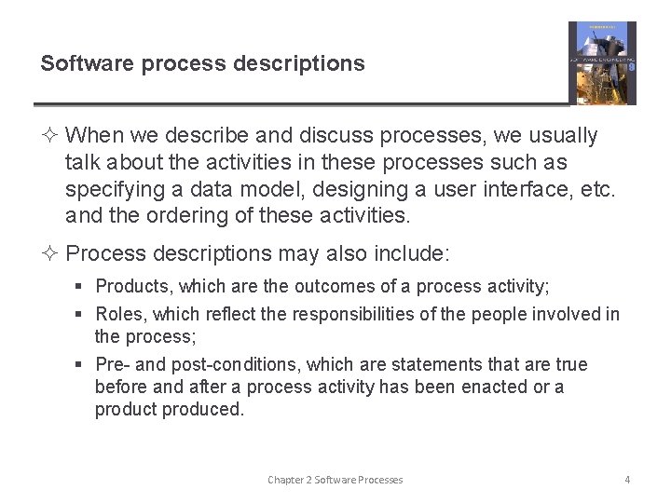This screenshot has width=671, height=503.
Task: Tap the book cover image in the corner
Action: pos(602,62)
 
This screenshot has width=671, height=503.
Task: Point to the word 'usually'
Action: pos(562,136)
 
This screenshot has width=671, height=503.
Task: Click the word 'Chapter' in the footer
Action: pos(286,480)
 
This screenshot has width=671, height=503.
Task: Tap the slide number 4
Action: pos(627,480)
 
